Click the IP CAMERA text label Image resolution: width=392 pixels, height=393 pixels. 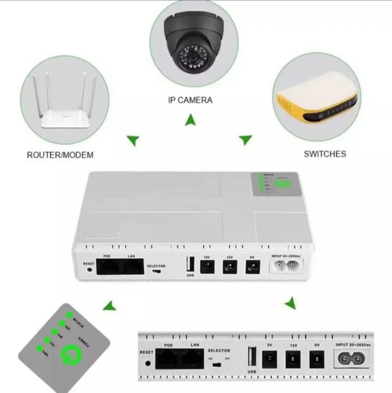[190, 100]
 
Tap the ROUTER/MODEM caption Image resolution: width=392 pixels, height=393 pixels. [60, 155]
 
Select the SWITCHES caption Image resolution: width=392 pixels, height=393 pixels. [324, 153]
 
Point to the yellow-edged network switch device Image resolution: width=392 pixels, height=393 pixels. [315, 98]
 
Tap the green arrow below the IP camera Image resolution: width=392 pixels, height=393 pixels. [191, 120]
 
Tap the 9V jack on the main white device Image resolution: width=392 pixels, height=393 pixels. [252, 267]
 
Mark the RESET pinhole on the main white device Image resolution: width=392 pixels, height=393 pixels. [88, 269]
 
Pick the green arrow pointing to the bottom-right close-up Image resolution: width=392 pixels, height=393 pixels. [290, 303]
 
